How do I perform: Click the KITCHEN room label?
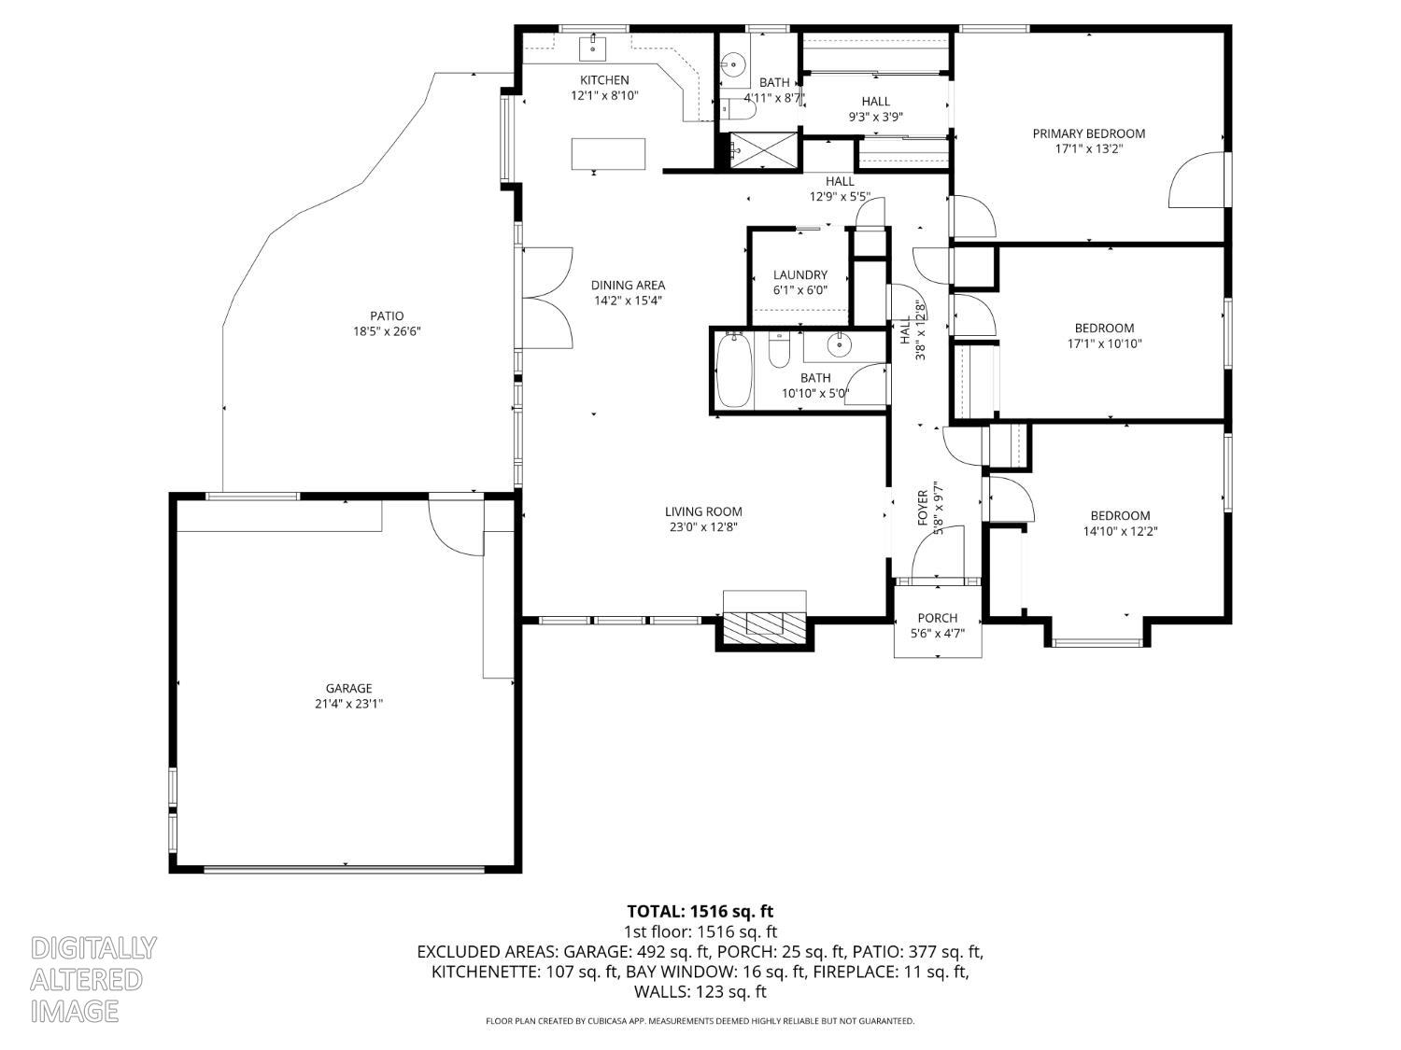pos(604,80)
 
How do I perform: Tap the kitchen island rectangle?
pos(609,154)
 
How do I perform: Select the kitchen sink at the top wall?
pos(594,46)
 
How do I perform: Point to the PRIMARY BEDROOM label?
pos(1088,133)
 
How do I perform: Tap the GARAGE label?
pos(348,689)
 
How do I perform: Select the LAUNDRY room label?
pos(800,274)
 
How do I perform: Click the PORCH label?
pos(937,618)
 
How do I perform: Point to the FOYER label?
pos(923,507)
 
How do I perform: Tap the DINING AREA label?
pos(628,286)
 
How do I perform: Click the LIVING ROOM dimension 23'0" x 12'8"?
pos(703,526)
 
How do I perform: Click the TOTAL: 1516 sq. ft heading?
pos(700,911)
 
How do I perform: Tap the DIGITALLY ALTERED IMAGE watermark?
pos(93,979)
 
